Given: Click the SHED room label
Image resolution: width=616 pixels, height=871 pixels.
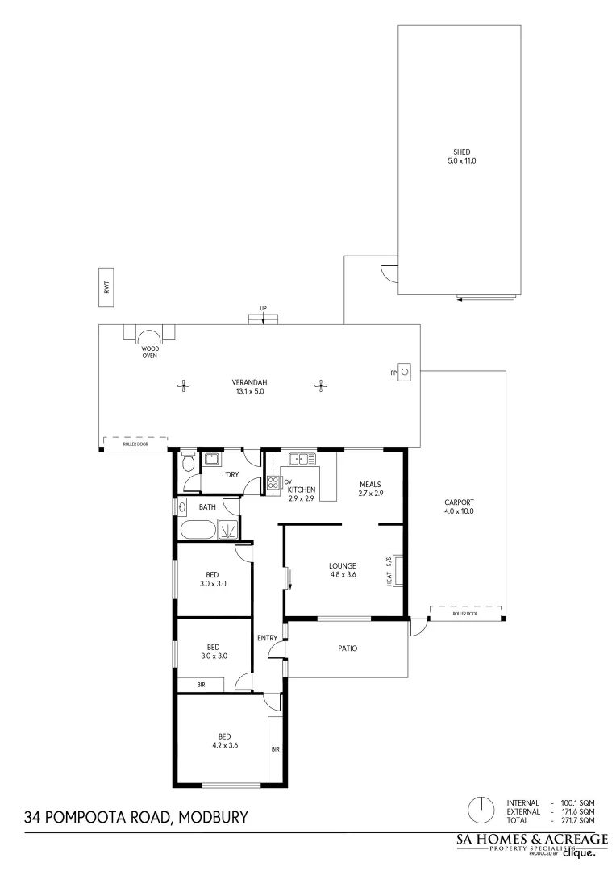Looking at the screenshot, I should [461, 156].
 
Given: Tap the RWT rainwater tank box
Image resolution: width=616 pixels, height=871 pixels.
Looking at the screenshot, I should [106, 286].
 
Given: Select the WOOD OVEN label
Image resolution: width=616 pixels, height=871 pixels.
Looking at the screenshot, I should [150, 352].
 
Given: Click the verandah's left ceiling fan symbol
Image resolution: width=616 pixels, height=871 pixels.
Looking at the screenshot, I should [184, 385].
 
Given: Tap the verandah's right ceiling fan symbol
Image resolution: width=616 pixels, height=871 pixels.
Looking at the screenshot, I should [322, 385].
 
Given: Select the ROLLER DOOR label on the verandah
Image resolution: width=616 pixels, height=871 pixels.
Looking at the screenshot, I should [135, 443].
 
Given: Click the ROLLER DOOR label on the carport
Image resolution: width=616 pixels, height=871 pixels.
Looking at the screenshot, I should [464, 614].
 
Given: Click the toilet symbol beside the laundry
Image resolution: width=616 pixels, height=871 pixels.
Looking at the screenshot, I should [188, 463].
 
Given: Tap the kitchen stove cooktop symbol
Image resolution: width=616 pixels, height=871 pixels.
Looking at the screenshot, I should [273, 483].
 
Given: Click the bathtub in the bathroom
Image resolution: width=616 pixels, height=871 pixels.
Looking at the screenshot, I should [198, 530].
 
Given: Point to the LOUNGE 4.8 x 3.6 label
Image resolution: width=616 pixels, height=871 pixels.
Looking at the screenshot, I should [342, 569].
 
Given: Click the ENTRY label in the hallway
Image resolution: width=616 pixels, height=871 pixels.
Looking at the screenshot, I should [267, 638].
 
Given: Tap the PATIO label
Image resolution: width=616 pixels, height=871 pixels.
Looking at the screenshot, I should [348, 648].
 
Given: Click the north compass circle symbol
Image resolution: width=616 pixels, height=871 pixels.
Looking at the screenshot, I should [481, 807].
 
